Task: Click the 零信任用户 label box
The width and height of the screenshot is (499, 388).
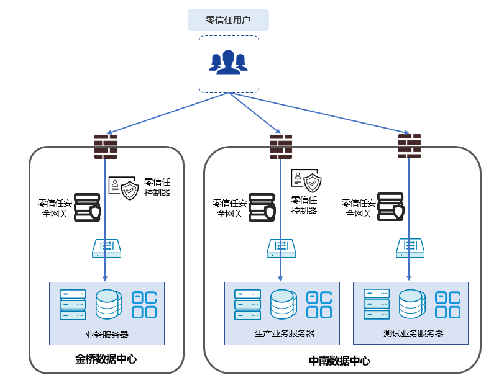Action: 228,20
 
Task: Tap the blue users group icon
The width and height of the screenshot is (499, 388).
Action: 228,62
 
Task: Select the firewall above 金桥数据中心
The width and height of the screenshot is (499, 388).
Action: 106,147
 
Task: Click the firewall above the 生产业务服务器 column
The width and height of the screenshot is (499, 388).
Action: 281,147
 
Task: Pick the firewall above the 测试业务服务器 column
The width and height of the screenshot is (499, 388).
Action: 410,146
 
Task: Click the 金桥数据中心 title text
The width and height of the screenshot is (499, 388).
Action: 106,359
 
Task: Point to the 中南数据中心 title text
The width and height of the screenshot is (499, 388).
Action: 339,361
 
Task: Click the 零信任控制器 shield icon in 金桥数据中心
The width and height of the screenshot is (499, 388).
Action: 124,188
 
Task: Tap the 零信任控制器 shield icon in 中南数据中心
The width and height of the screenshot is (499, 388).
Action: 306,180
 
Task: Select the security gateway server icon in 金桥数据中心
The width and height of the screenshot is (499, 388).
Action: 88,207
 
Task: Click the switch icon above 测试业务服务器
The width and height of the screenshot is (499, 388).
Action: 410,248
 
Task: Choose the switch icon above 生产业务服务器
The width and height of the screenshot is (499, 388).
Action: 281,248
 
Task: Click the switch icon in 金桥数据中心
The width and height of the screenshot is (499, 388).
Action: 107,248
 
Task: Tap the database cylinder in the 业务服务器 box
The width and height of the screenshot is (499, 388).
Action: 109,304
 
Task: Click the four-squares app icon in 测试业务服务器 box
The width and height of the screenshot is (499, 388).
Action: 448,305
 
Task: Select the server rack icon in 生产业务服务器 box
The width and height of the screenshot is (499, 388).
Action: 247,304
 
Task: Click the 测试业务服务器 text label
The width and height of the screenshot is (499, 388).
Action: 413,333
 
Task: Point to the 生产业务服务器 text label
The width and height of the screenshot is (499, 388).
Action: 285,333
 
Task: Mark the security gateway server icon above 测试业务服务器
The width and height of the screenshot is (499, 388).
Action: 391,207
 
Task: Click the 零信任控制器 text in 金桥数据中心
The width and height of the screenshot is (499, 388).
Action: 157,187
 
